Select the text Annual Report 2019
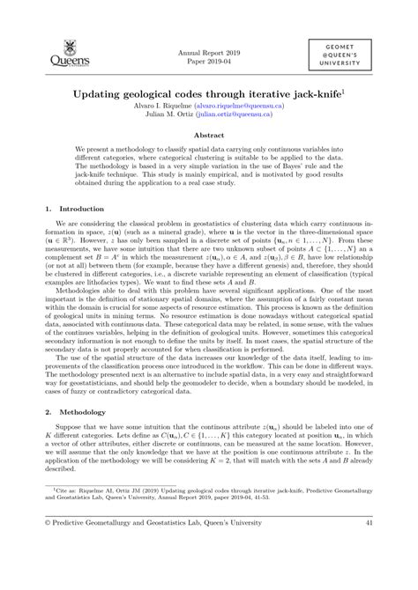(208, 52)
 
